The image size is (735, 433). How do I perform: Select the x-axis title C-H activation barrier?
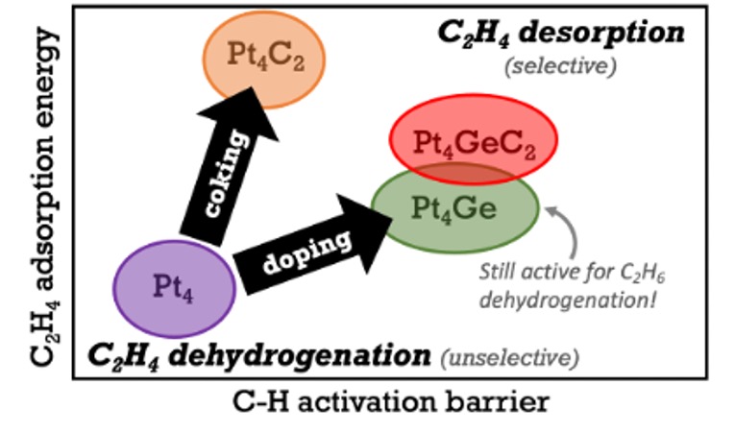392,401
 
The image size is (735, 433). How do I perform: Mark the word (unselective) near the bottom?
510,359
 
